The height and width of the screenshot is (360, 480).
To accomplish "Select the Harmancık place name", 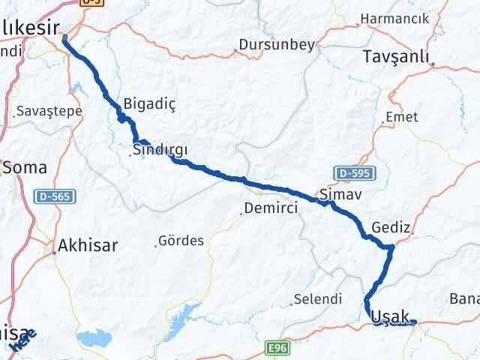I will coord(394,17).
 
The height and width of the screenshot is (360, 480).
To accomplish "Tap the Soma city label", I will coord(25,167).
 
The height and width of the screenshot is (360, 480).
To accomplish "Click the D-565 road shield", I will coord(55,196).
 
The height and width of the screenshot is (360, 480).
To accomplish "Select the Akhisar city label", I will coord(87,244).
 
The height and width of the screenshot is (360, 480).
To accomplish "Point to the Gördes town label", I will coord(181,241).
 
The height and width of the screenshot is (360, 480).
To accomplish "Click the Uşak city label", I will coord(390,318).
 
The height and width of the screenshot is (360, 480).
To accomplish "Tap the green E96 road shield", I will coord(277,349).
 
